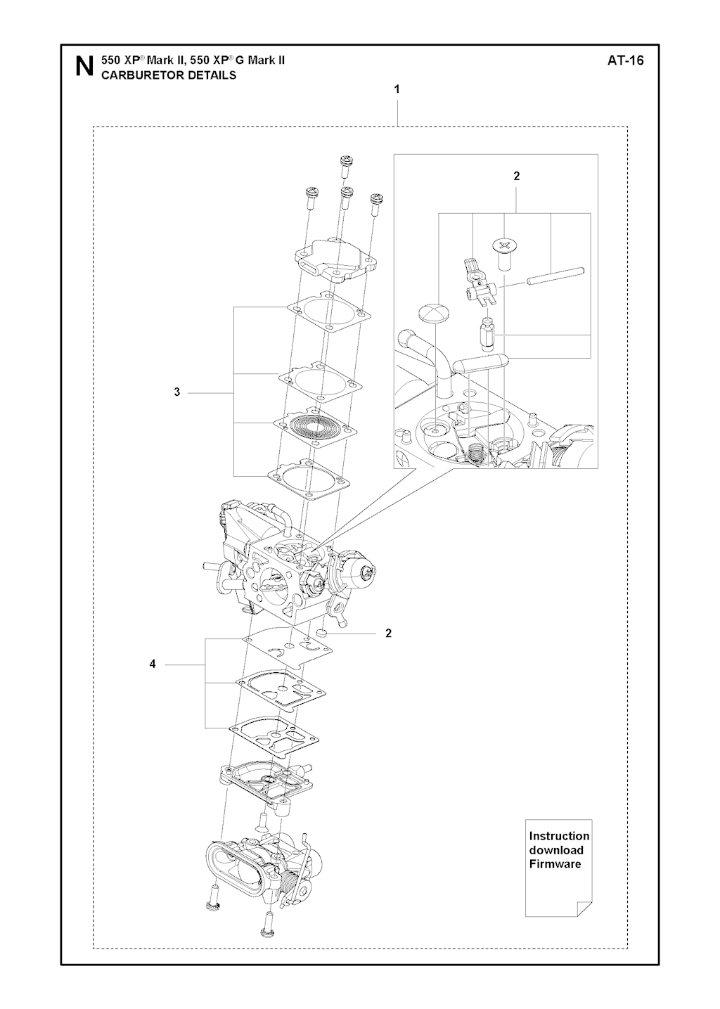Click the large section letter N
[84, 66]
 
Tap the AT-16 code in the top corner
[625, 60]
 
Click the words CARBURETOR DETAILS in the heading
[169, 75]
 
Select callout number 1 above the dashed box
[397, 89]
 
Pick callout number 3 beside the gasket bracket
[177, 392]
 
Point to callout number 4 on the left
[153, 676]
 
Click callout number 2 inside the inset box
[516, 176]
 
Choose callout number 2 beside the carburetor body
[388, 633]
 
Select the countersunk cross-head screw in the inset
[504, 254]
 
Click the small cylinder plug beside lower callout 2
[322, 634]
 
